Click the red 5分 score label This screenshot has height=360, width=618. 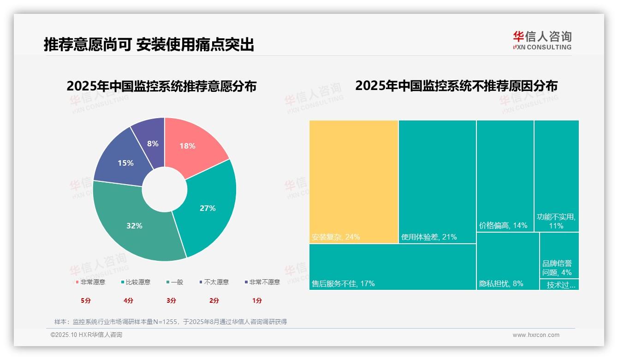(86, 300)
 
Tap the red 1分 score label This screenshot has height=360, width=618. (257, 300)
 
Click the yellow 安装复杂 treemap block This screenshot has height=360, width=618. (354, 181)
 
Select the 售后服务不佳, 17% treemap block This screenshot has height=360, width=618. (392, 267)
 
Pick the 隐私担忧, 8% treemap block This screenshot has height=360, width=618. (507, 261)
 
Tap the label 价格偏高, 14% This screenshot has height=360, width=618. (503, 225)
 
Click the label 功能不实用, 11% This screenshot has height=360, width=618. (556, 221)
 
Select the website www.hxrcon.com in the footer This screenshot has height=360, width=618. (536, 335)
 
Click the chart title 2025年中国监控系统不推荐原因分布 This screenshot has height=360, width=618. (456, 86)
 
